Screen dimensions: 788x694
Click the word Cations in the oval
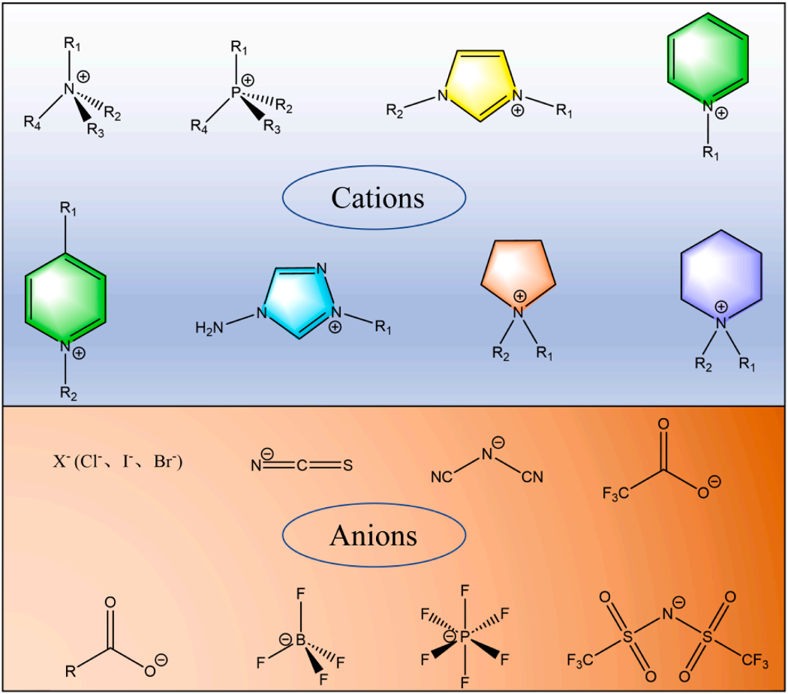tap(377, 198)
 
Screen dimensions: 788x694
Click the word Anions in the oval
tap(374, 536)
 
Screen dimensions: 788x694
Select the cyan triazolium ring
tap(299, 302)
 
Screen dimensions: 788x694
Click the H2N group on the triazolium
tap(209, 329)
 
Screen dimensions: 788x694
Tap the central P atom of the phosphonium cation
tap(236, 92)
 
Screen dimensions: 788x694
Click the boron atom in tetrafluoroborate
tap(300, 640)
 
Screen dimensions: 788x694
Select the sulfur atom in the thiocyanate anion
tap(347, 466)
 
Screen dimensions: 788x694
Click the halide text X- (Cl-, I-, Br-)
tap(118, 462)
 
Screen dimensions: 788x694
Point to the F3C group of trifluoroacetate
tap(615, 494)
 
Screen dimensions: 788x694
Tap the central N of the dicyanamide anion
tap(487, 455)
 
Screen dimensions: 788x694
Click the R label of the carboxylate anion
tap(71, 671)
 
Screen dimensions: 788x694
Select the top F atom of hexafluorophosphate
tap(465, 590)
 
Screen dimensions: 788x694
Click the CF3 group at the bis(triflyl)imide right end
tap(755, 660)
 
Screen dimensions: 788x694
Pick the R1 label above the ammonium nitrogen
tap(72, 45)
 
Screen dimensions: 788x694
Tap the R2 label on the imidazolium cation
tap(395, 111)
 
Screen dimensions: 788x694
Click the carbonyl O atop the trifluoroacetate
tap(663, 424)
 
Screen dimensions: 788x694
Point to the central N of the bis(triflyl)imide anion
tap(667, 614)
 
